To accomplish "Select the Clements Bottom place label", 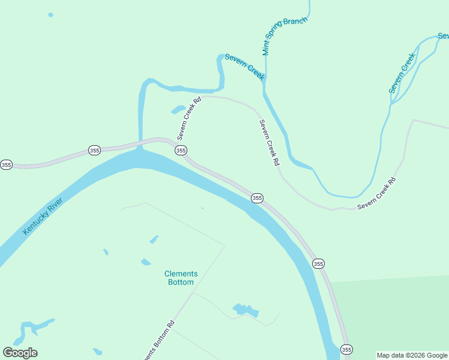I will click(x=181, y=278).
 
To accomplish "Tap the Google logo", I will click(x=20, y=353).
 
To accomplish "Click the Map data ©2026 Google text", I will click(x=412, y=355).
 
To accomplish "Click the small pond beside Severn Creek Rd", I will click(x=178, y=109).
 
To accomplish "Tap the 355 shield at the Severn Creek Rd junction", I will click(x=181, y=151).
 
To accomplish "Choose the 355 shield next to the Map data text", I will click(x=346, y=349).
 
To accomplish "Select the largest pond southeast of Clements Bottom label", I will click(x=246, y=310).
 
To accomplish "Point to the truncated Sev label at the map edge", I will click(x=443, y=36).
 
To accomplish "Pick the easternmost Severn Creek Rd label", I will click(x=377, y=194).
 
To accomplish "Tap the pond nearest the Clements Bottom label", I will click(x=146, y=262).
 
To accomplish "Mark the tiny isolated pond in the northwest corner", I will click(x=50, y=14).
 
